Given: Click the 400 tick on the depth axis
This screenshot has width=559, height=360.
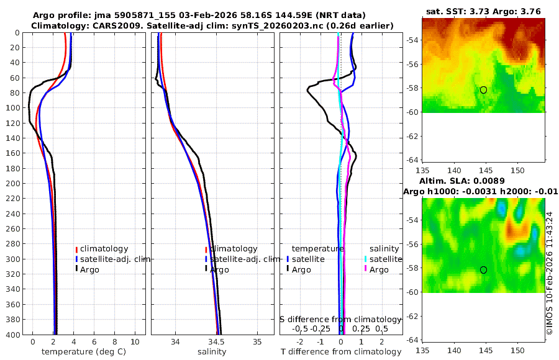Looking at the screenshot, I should tap(12, 335).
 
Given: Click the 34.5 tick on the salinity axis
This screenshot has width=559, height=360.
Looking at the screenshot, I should tap(216, 342).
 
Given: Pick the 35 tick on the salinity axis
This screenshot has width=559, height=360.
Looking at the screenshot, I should tap(257, 342).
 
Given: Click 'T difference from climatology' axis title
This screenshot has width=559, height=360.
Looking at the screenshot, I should tap(340, 352).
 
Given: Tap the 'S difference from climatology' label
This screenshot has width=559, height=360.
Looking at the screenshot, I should tap(340, 319).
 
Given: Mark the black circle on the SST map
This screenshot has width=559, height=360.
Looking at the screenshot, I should tap(483, 90).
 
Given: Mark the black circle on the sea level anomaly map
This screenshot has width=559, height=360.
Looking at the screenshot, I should tap(483, 269).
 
